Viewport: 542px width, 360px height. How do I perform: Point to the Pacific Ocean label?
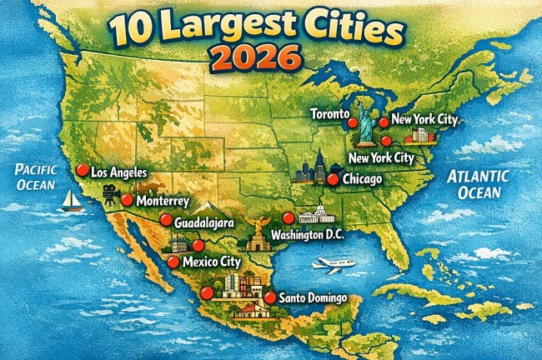(35, 176)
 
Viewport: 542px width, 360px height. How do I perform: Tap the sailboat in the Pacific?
(71, 200)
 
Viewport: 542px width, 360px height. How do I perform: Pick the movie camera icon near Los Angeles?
(110, 193)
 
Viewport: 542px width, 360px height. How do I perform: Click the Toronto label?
(329, 112)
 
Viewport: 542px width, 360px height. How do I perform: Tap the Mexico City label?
(211, 262)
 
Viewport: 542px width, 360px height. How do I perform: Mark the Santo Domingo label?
(313, 297)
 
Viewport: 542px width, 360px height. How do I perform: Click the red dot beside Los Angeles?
(82, 170)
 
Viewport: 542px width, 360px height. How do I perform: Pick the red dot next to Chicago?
(333, 179)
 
